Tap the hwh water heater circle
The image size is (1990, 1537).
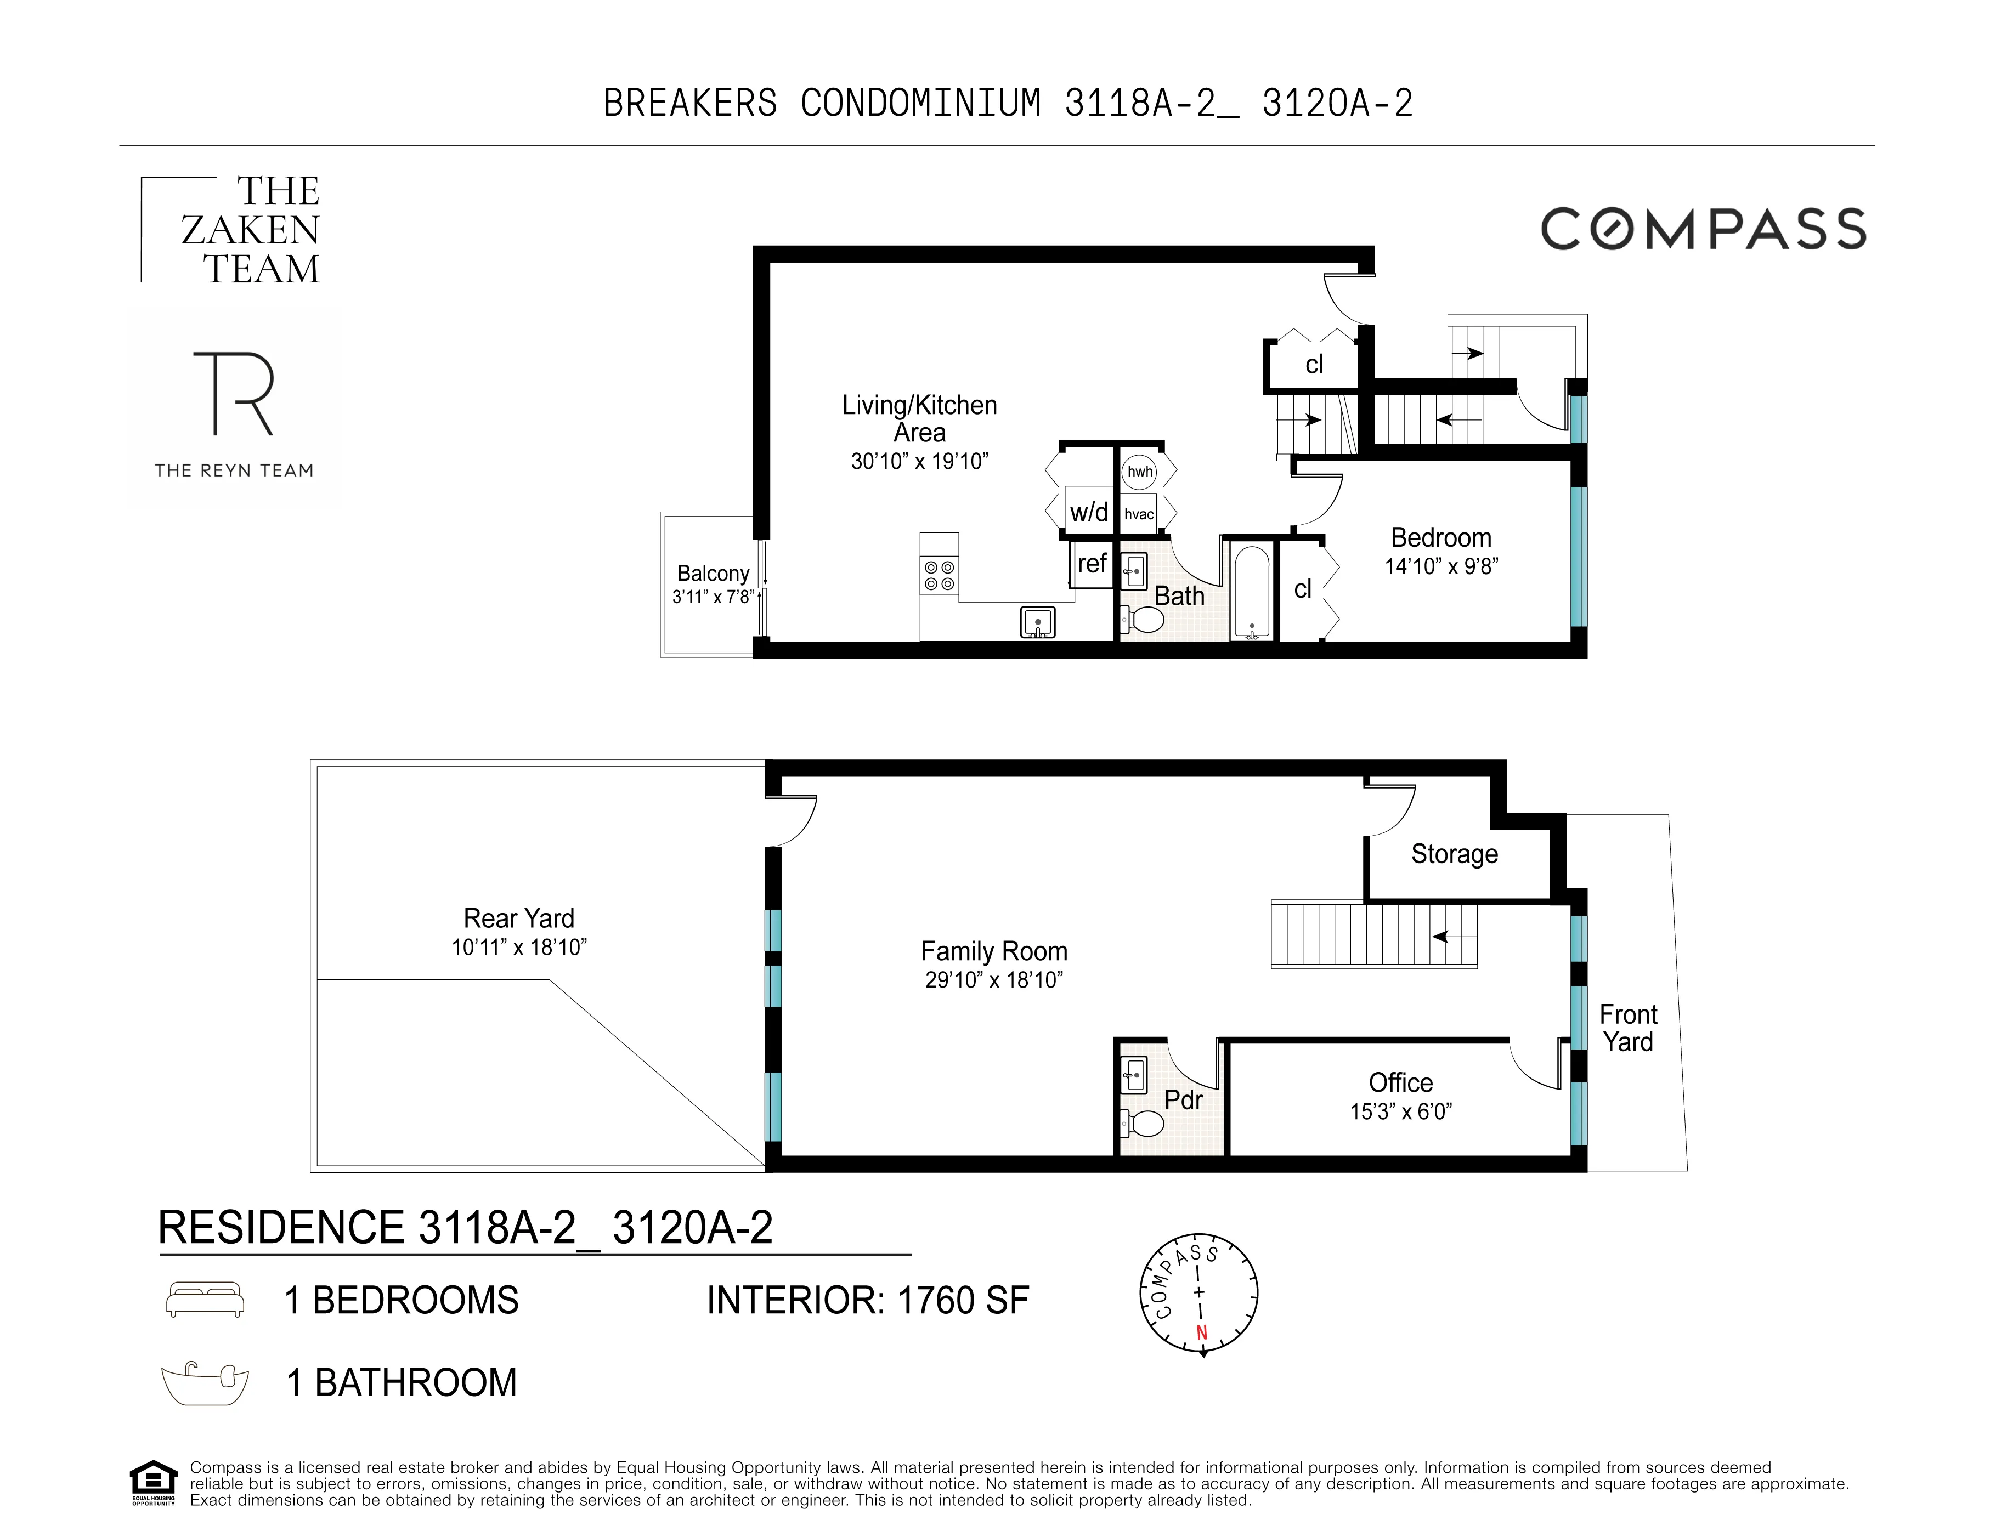[x=1139, y=471]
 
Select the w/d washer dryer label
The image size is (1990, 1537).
[x=1089, y=512]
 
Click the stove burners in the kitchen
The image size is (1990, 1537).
[x=939, y=575]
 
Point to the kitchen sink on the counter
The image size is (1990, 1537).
[x=1037, y=623]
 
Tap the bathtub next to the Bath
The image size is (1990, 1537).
[x=1252, y=591]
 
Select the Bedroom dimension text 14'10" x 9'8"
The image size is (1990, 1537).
[x=1440, y=566]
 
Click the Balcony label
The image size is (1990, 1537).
[x=713, y=573]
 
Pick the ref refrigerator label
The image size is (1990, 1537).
[x=1092, y=564]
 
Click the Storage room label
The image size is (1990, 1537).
[x=1454, y=854]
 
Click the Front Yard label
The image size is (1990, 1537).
[x=1627, y=1028]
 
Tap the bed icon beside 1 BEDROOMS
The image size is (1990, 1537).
[x=205, y=1299]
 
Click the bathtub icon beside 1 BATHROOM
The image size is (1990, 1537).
[x=205, y=1383]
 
